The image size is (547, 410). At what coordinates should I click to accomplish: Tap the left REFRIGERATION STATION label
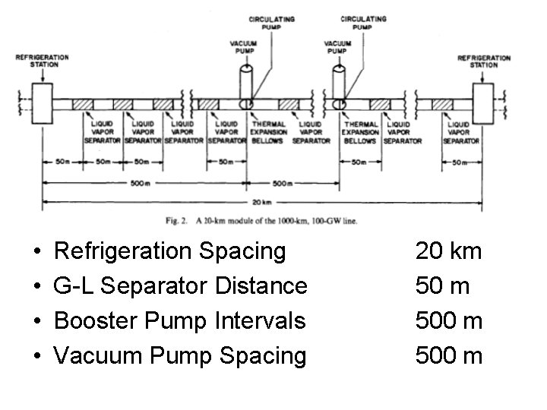pyautogui.click(x=42, y=60)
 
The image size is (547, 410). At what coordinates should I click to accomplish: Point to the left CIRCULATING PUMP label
pyautogui.click(x=272, y=23)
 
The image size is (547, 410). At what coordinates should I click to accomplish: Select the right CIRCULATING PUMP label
pyautogui.click(x=363, y=23)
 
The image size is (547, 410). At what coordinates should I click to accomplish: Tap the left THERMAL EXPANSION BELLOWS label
pyautogui.click(x=268, y=132)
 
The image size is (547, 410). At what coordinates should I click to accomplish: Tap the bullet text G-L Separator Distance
pyautogui.click(x=182, y=285)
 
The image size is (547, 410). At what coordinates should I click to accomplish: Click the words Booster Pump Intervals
pyautogui.click(x=181, y=320)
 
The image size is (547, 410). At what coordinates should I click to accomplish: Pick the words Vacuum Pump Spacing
pyautogui.click(x=181, y=355)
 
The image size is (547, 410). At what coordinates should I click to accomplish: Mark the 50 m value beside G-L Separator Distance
pyautogui.click(x=442, y=285)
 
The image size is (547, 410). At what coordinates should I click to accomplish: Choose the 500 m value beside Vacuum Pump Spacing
pyautogui.click(x=448, y=355)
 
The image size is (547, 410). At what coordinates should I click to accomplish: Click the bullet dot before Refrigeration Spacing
pyautogui.click(x=37, y=251)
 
